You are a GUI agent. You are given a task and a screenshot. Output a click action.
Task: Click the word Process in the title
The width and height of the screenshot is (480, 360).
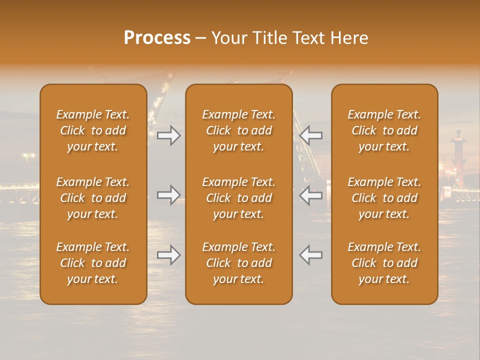(x=157, y=38)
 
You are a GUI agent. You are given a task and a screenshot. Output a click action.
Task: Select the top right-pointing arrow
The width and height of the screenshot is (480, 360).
(x=169, y=135)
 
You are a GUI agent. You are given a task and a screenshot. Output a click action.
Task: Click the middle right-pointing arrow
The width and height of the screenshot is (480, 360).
(x=169, y=195)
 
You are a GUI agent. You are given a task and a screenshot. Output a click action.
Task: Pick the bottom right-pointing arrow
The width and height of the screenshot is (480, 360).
(x=169, y=255)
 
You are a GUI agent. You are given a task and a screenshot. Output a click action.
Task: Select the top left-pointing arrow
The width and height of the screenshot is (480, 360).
(x=310, y=135)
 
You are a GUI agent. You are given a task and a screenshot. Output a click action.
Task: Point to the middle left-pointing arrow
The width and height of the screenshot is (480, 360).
(x=310, y=195)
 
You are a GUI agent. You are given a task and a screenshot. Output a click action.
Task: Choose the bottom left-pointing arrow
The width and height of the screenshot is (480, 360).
(x=310, y=255)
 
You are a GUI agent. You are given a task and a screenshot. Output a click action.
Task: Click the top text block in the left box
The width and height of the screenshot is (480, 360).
(x=93, y=130)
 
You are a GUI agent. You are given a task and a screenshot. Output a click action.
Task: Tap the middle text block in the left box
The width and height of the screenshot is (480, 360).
(x=93, y=198)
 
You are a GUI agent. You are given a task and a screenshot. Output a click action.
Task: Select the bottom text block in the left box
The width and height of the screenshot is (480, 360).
(x=93, y=263)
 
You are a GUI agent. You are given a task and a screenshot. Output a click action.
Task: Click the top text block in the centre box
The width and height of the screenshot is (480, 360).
(x=238, y=130)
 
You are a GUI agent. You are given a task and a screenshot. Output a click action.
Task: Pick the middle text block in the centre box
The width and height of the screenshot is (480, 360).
(x=238, y=198)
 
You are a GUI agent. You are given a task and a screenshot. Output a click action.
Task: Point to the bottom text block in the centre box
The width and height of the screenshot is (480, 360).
(x=238, y=263)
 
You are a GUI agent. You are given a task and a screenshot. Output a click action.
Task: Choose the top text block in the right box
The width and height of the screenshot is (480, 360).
(x=384, y=130)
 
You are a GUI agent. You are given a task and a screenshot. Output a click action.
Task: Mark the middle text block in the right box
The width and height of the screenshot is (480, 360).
(x=384, y=198)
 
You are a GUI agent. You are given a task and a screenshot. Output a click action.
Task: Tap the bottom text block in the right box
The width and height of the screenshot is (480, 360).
(x=384, y=263)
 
